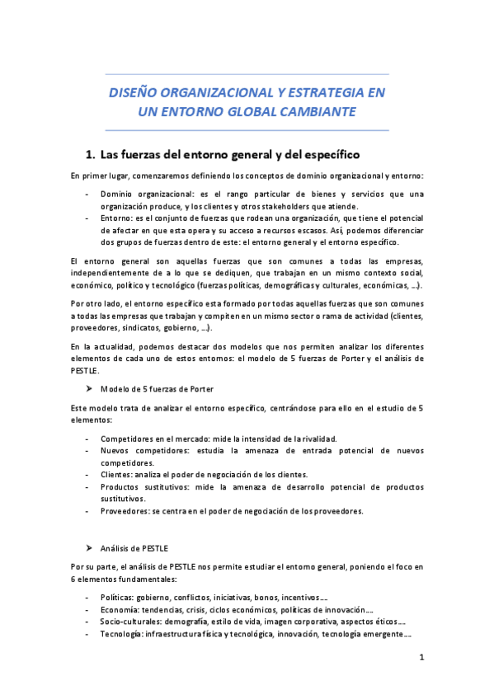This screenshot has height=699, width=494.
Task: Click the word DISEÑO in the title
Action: tap(135, 93)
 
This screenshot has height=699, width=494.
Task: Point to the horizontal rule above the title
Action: tap(247, 74)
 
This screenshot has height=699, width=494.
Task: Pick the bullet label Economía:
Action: tap(122, 609)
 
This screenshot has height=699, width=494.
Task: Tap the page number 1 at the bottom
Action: tap(421, 658)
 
